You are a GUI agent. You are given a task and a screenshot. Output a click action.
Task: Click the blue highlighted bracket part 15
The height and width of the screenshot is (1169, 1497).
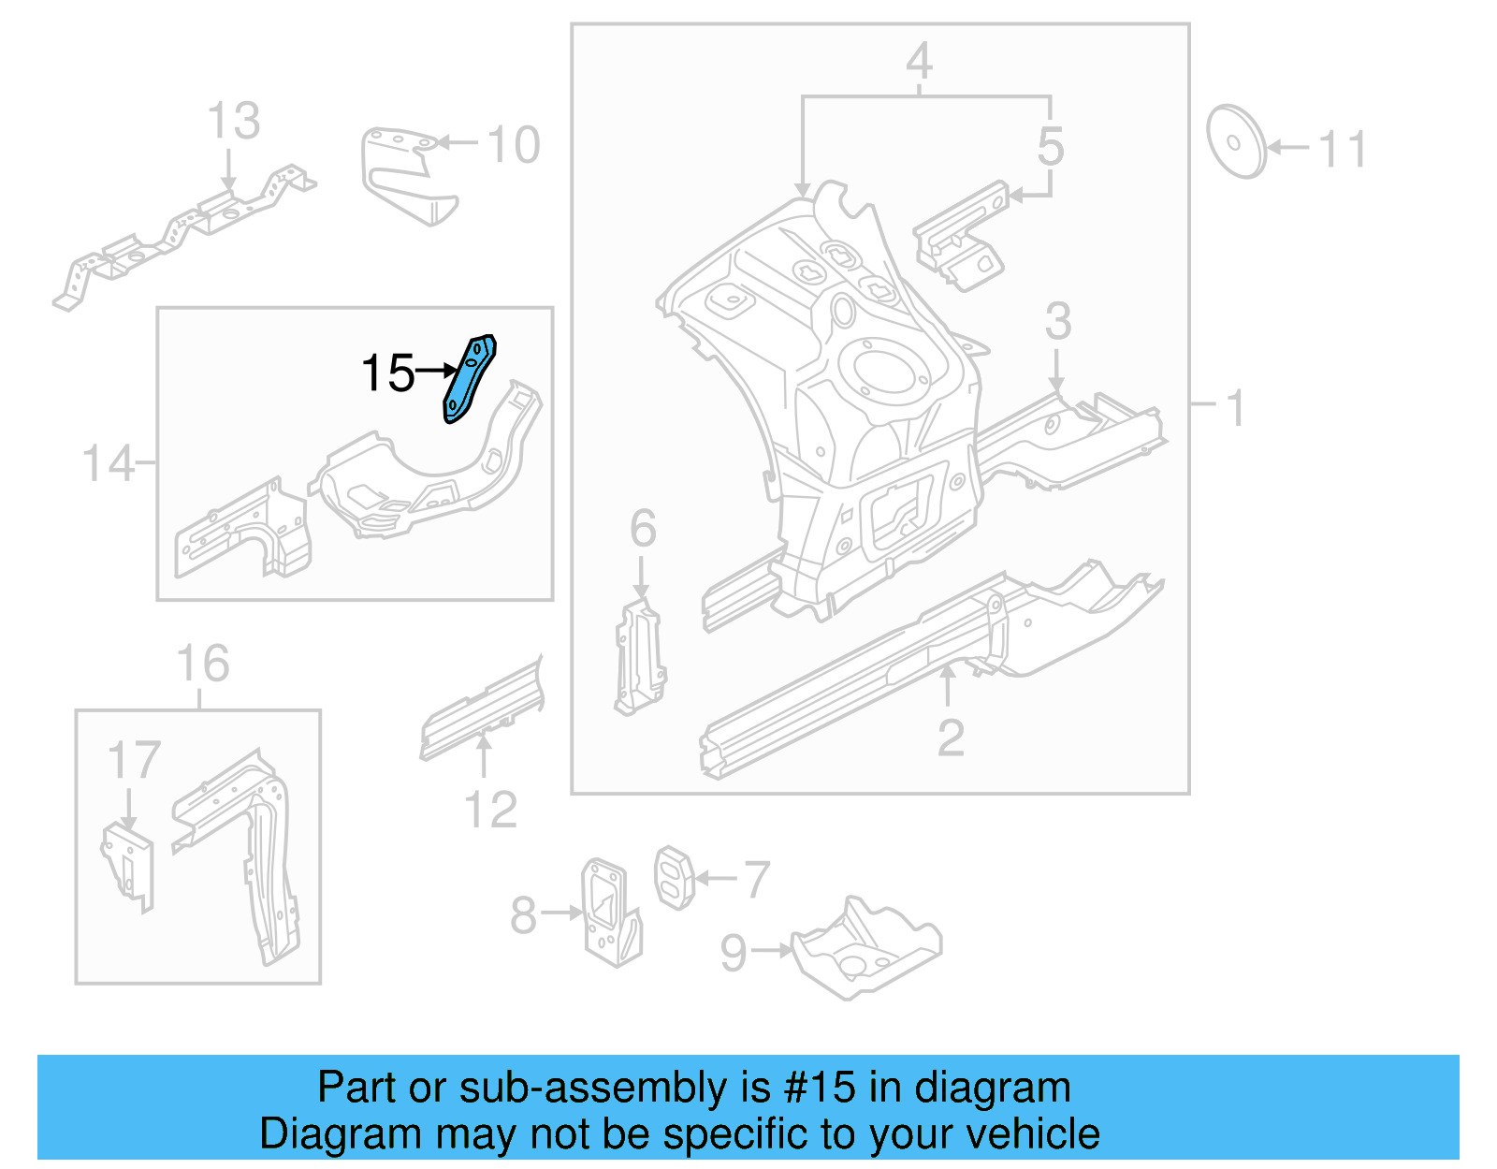(469, 379)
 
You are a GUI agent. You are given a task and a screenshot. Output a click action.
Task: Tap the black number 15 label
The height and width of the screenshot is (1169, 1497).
(387, 373)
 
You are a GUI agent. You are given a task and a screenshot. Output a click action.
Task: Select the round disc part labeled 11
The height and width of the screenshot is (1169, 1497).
(1235, 142)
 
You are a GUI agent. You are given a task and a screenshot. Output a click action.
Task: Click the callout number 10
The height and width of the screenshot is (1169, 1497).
(514, 145)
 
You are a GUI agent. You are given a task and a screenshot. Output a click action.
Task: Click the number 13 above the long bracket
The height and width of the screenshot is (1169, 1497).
(233, 121)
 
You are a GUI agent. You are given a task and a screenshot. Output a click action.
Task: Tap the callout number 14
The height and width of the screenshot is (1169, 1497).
(108, 463)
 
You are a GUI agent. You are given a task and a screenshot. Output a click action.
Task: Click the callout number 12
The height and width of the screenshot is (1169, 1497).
(490, 810)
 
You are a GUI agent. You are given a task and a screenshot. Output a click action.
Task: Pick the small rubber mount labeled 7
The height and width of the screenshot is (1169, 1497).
(673, 877)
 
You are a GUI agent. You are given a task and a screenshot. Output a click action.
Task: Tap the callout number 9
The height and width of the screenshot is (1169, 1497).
(734, 953)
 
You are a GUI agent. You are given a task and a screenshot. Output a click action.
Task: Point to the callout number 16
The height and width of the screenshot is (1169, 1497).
(202, 664)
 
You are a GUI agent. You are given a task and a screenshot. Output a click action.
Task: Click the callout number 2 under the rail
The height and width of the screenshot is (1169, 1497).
(951, 738)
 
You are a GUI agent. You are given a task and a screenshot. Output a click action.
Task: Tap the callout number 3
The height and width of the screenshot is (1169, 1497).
(1057, 321)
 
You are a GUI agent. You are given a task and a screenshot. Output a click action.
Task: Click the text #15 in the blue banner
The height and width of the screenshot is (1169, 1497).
(819, 1088)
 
